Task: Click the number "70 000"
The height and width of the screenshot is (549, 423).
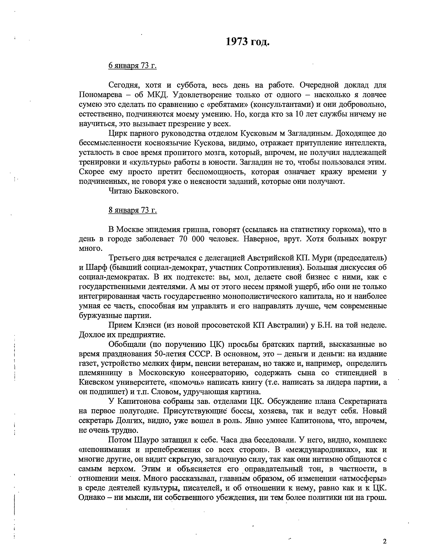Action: pos(193,239)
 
